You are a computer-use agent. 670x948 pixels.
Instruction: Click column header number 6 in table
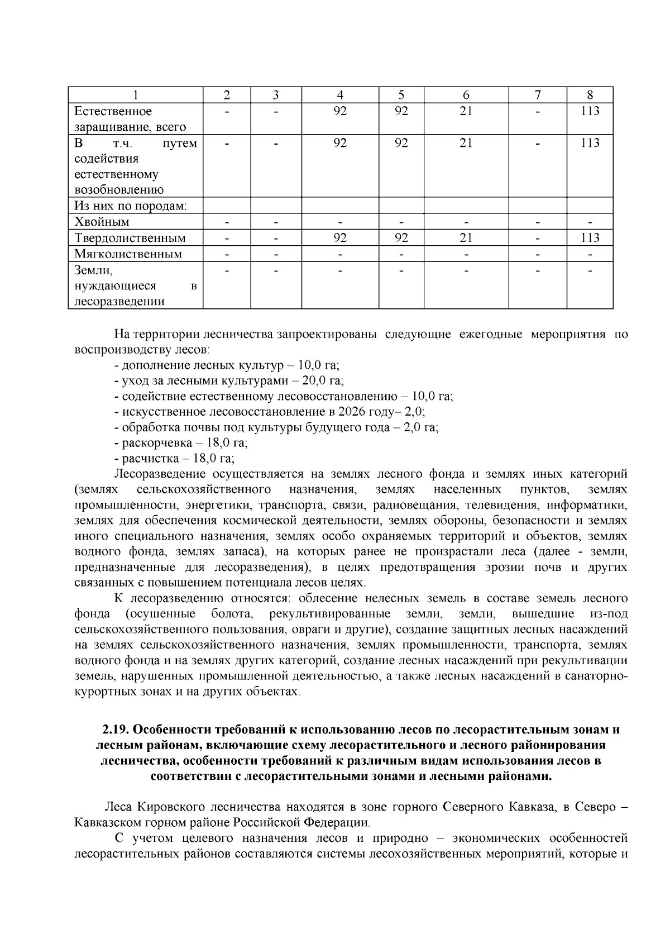click(x=466, y=95)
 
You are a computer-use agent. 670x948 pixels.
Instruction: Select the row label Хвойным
click(x=102, y=222)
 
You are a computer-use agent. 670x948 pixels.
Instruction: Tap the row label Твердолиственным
click(x=130, y=238)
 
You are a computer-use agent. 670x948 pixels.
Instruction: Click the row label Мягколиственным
click(x=128, y=254)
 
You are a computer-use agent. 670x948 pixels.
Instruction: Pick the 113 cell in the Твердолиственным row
click(x=590, y=238)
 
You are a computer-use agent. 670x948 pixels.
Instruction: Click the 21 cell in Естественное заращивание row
click(x=466, y=111)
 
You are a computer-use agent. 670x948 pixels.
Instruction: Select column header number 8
click(x=590, y=95)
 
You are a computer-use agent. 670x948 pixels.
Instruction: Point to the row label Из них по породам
click(x=131, y=206)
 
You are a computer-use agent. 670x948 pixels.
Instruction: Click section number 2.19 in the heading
click(x=116, y=730)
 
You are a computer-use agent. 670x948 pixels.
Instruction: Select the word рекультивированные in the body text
click(x=329, y=614)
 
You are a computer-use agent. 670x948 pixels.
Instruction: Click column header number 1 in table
click(x=135, y=95)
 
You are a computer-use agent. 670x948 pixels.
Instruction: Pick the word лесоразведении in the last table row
click(x=119, y=302)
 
